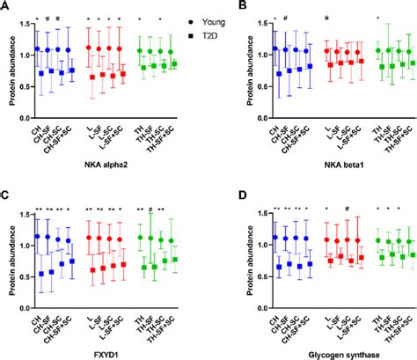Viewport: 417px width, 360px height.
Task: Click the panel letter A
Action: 6,5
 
